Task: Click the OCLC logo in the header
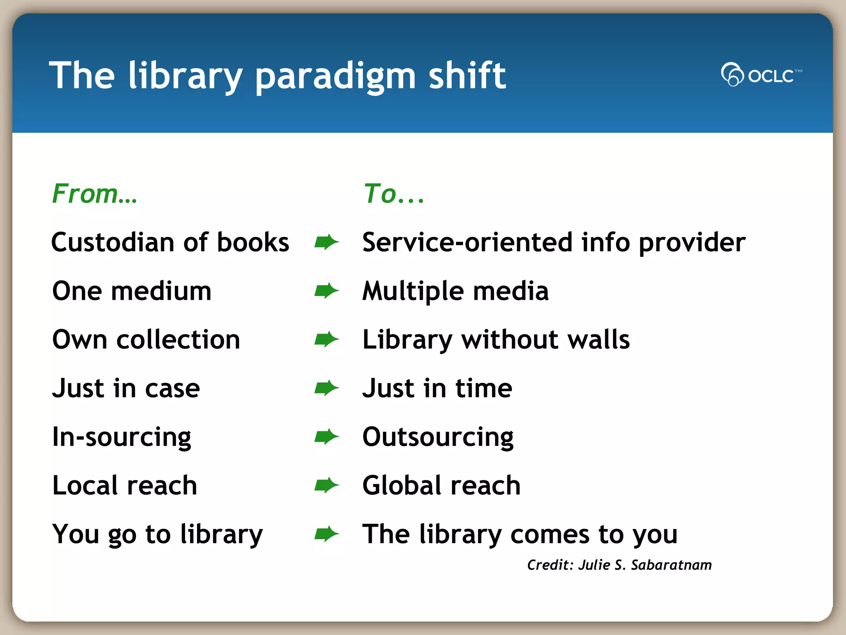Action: click(761, 75)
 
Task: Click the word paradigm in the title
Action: click(335, 76)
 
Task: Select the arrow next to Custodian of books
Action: click(326, 242)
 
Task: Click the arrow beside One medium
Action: click(326, 291)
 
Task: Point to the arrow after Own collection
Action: click(326, 339)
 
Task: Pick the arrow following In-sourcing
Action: click(326, 437)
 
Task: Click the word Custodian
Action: click(112, 242)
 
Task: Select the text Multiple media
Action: click(455, 291)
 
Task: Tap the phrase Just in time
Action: click(437, 388)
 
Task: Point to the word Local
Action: click(85, 485)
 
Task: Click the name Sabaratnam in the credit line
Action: click(671, 565)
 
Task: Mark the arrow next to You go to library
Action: click(326, 534)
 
